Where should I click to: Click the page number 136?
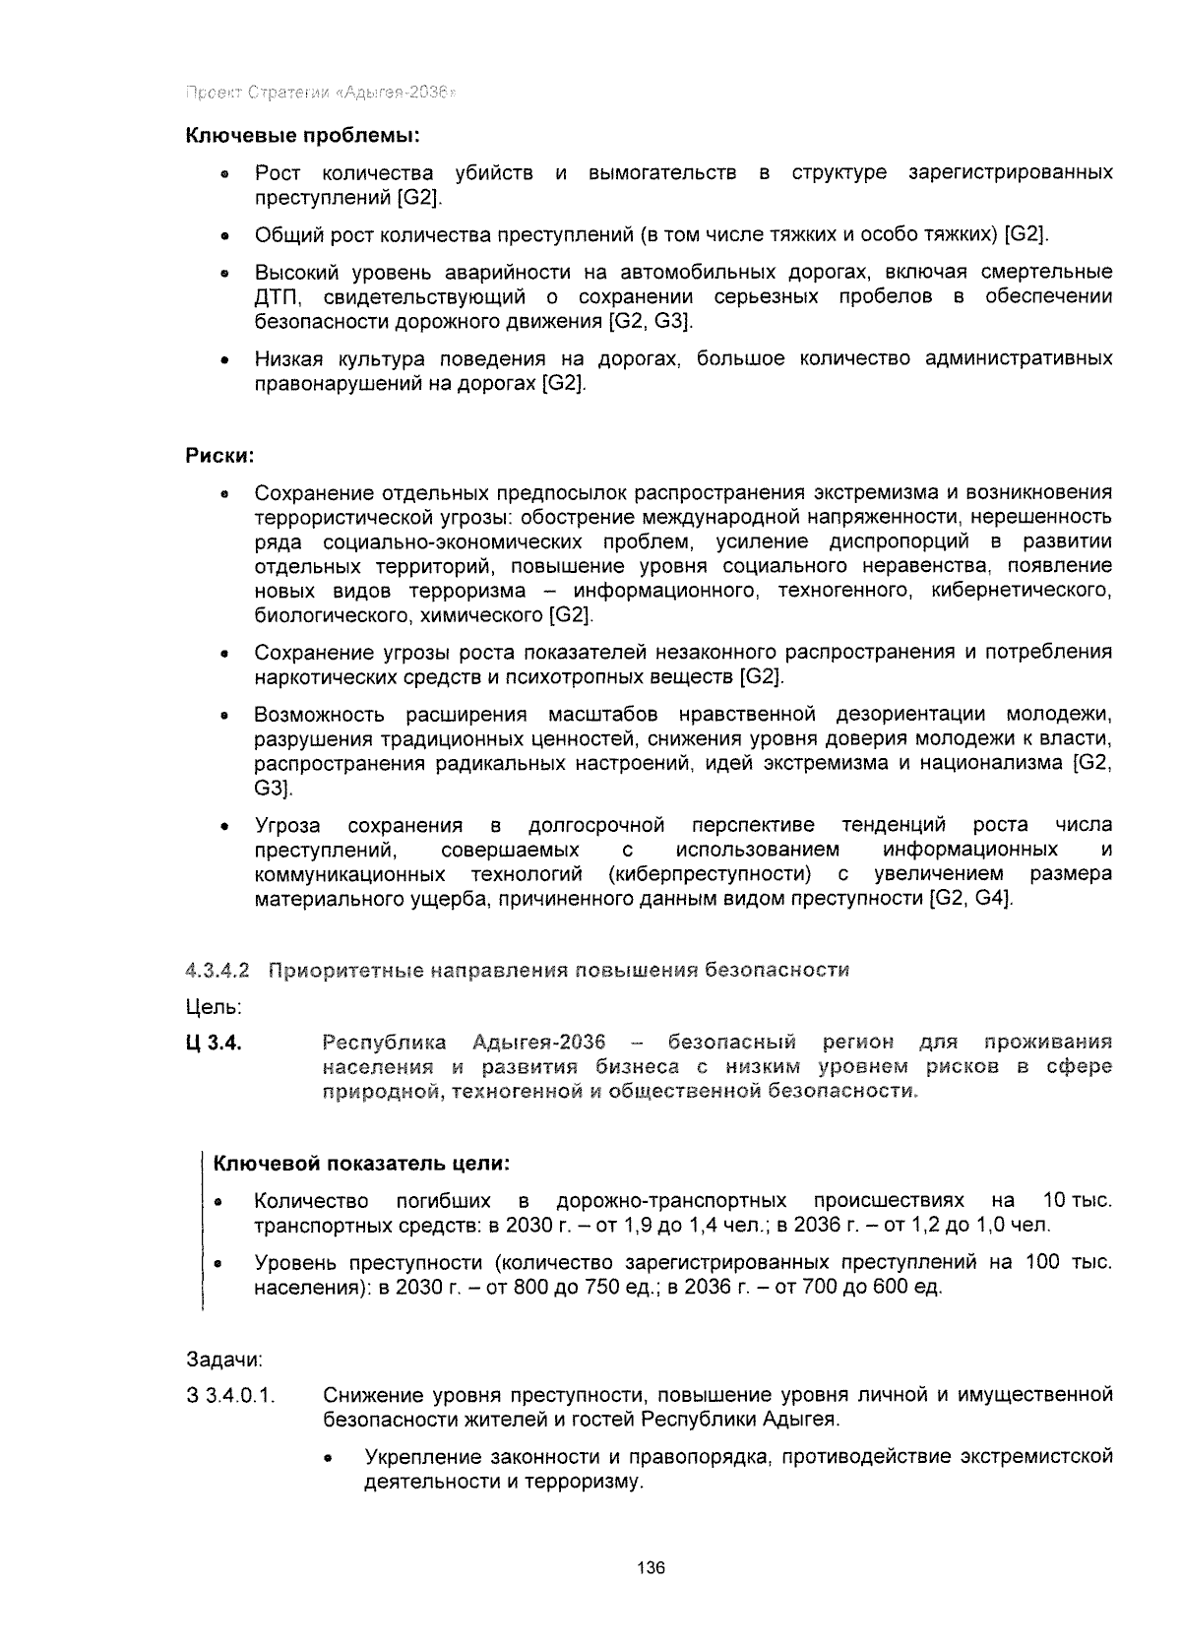click(652, 1567)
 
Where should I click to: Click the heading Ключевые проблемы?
click(304, 134)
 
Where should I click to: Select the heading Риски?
click(220, 456)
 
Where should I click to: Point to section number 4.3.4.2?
click(218, 971)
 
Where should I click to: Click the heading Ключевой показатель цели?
click(362, 1164)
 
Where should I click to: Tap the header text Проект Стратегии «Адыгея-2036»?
click(321, 94)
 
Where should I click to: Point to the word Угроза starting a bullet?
click(287, 825)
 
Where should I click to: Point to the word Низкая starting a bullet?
click(284, 358)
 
